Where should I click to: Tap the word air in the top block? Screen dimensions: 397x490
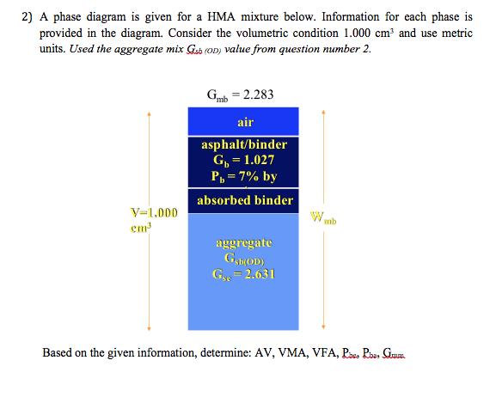[x=245, y=123]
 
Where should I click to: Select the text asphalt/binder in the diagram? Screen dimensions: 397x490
[x=245, y=144]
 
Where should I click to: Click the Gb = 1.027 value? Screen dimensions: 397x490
[x=245, y=160]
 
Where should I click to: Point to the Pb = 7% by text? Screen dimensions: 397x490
[x=245, y=176]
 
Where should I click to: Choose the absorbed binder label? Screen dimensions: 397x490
[x=245, y=200]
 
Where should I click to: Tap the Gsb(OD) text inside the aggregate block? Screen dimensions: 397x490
[x=245, y=259]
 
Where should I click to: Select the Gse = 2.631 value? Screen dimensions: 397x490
[x=245, y=275]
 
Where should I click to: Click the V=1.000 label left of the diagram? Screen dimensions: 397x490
[x=155, y=213]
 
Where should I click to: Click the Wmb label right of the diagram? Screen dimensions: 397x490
[x=330, y=220]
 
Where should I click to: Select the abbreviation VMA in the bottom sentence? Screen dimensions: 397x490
[x=290, y=352]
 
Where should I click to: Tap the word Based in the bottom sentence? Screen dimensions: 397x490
[x=57, y=352]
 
